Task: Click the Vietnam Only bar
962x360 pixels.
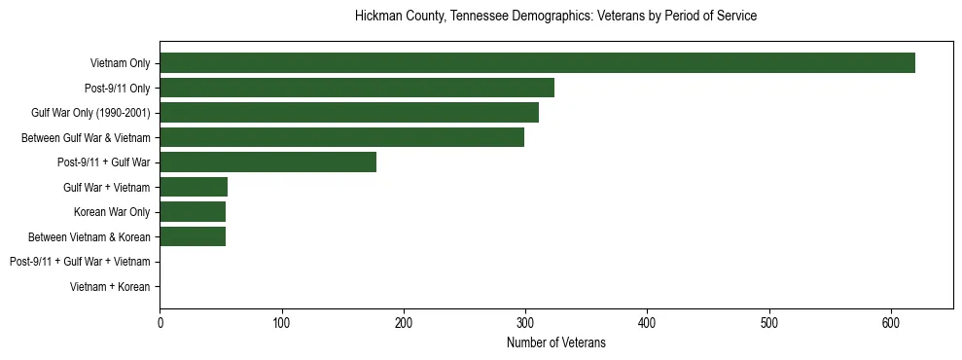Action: tap(537, 63)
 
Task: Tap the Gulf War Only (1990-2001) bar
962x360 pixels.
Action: tap(349, 113)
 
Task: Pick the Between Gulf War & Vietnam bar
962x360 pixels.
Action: tap(341, 137)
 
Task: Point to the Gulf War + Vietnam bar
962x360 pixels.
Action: tap(194, 187)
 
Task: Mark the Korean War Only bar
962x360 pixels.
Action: tap(193, 211)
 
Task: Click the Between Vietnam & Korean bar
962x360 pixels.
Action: tap(193, 236)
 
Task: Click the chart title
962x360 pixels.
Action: tap(555, 17)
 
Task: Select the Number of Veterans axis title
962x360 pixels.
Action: tap(555, 342)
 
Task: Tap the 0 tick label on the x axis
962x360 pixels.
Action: tap(160, 323)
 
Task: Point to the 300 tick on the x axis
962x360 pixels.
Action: tap(525, 323)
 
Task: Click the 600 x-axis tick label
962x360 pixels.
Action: tap(891, 323)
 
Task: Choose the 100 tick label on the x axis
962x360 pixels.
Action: tap(281, 323)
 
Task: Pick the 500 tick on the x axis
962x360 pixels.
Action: tap(769, 323)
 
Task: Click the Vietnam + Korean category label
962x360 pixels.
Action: tap(110, 287)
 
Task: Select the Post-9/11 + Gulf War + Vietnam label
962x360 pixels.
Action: tap(80, 262)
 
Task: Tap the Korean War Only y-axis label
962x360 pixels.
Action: tap(112, 212)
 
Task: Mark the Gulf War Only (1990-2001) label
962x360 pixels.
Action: tap(90, 114)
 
